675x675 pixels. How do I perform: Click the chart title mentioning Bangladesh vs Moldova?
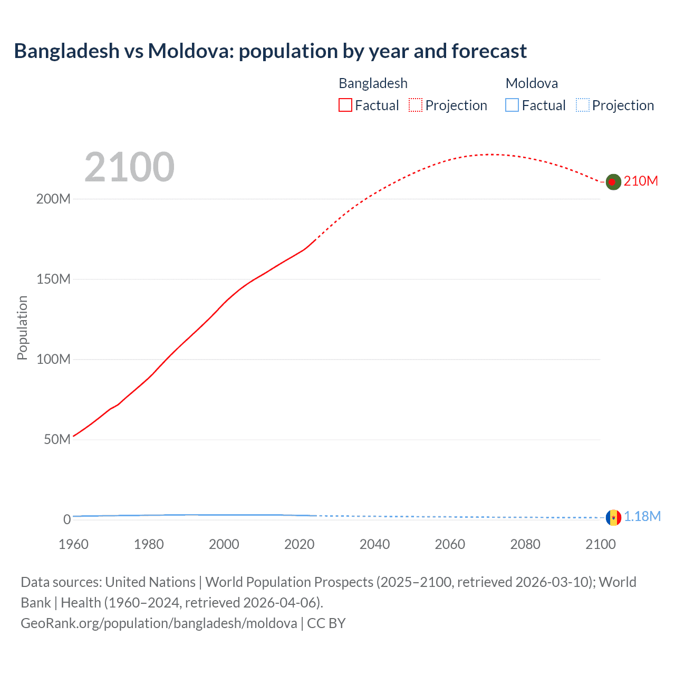[270, 51]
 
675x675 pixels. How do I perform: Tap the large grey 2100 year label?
[129, 167]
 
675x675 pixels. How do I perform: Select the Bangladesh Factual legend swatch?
[345, 105]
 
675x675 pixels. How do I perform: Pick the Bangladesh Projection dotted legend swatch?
[416, 105]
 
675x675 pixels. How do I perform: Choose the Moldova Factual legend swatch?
[512, 105]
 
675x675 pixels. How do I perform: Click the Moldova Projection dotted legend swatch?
[582, 105]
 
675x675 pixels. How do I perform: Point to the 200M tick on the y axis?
[53, 199]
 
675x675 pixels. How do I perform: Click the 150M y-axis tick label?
[53, 279]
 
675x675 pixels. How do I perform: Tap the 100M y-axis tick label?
[53, 360]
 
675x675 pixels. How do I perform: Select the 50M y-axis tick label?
[57, 440]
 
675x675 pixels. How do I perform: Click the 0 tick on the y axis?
[67, 519]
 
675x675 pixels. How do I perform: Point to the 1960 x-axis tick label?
[73, 544]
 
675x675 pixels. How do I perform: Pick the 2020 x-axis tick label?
[299, 544]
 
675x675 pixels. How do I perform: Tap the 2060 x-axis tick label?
[450, 544]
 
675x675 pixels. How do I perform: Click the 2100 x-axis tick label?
[600, 544]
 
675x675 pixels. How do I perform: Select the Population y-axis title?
[22, 327]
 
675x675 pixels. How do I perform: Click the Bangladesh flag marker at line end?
[613, 182]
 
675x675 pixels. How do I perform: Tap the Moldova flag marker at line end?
[613, 517]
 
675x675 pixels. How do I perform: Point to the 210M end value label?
[641, 181]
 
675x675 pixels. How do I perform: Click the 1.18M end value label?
[642, 517]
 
